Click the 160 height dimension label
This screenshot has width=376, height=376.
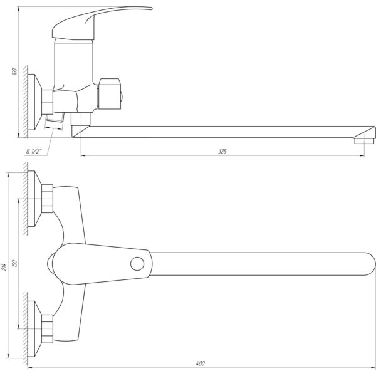14,71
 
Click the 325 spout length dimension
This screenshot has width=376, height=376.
222,151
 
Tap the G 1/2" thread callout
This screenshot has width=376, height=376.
34,151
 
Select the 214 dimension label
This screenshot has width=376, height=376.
4,267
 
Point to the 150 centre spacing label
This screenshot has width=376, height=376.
14,264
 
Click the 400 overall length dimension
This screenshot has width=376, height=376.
201,363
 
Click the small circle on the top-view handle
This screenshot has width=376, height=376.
137,264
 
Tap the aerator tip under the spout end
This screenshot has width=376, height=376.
364,141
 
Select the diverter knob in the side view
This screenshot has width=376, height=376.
110,94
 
